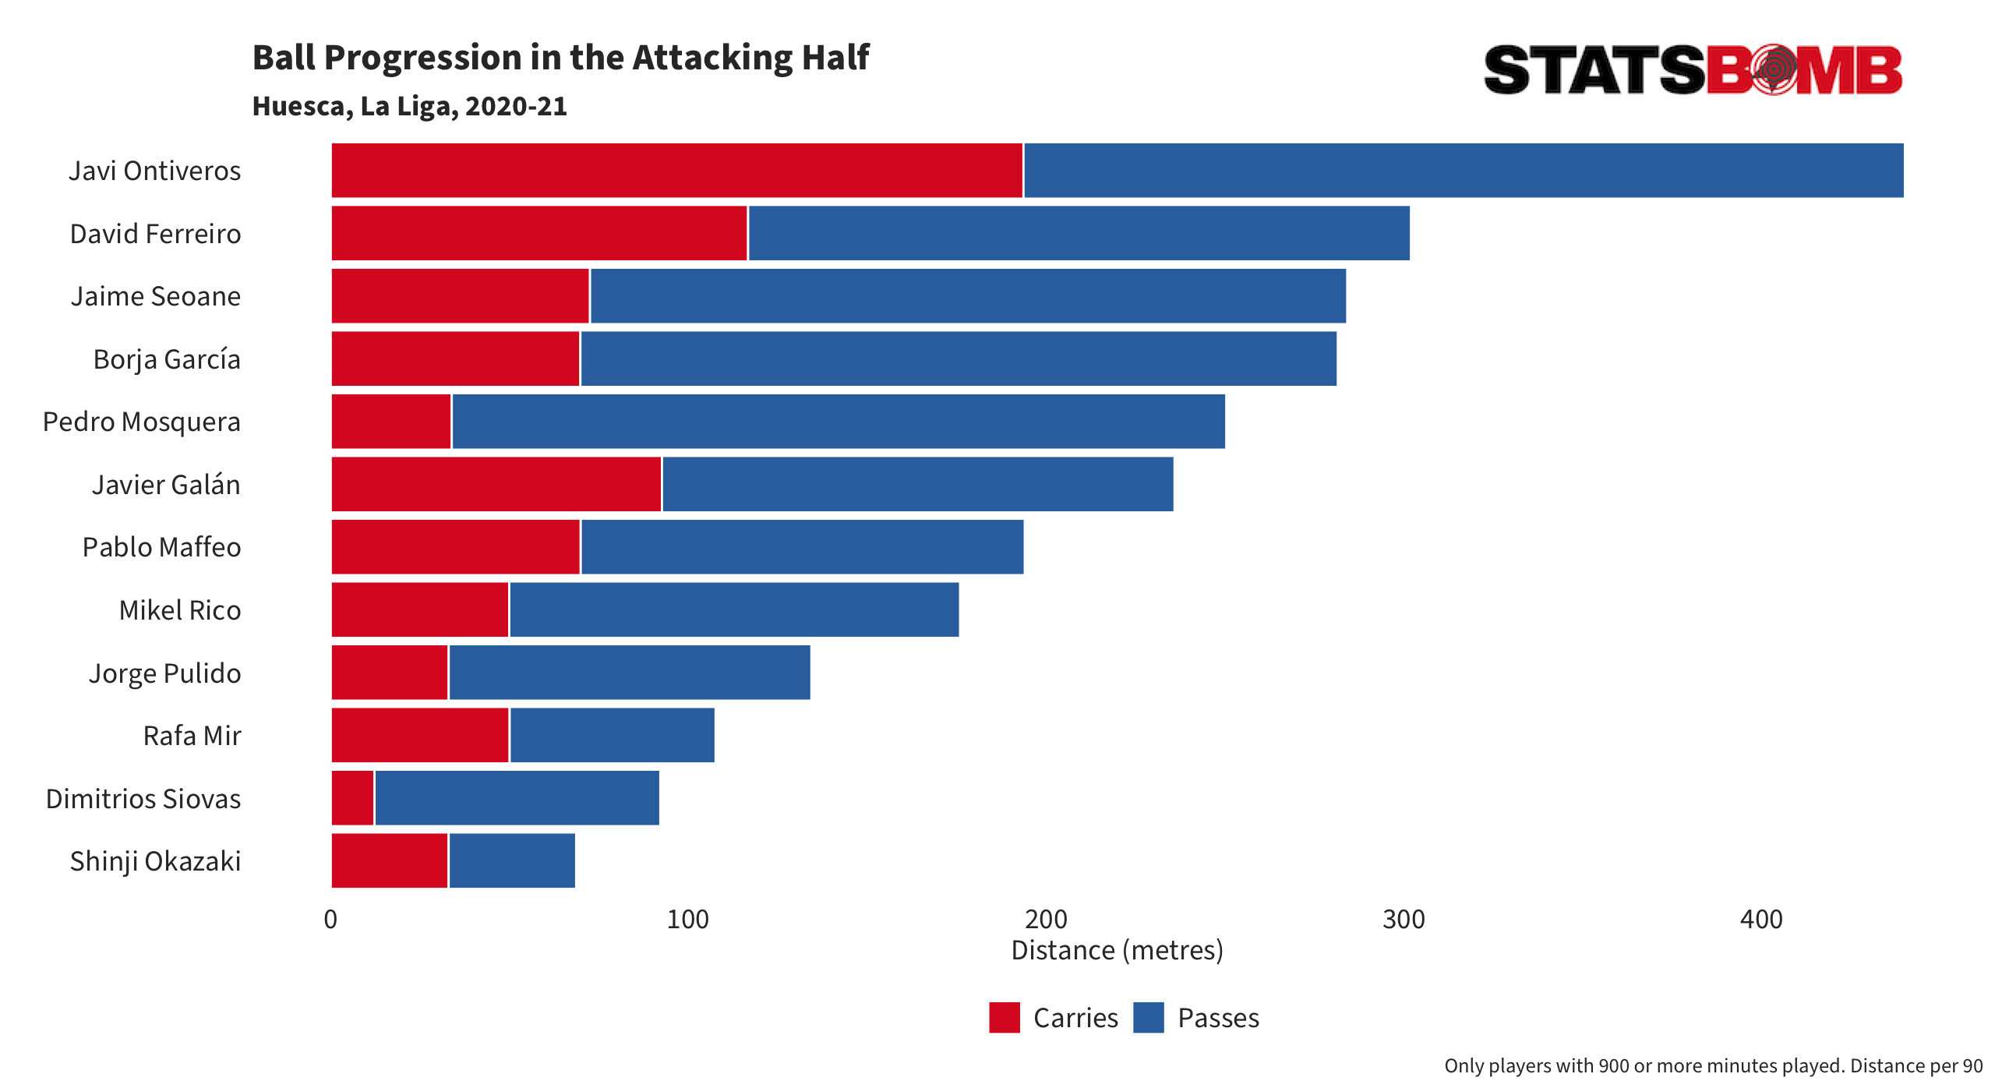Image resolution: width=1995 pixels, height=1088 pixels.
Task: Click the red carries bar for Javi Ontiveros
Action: [676, 170]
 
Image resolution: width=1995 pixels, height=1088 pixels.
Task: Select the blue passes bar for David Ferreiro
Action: [1079, 233]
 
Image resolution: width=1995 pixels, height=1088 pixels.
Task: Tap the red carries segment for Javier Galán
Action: [496, 484]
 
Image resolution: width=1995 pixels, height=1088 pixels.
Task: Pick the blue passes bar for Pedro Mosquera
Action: [839, 422]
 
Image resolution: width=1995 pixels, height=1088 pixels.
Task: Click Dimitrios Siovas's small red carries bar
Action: [353, 798]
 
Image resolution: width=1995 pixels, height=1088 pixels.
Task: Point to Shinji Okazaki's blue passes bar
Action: [512, 860]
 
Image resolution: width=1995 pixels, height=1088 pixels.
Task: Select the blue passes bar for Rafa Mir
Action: [612, 735]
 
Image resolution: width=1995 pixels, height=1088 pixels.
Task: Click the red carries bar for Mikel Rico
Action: [420, 609]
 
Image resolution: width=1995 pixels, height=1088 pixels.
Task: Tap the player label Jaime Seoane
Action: [156, 296]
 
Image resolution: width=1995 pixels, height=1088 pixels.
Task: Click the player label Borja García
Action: [167, 359]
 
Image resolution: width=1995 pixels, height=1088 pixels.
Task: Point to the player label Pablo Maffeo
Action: [161, 547]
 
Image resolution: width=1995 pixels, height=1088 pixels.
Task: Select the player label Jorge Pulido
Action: [164, 673]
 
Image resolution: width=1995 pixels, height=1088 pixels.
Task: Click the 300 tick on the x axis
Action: [1404, 920]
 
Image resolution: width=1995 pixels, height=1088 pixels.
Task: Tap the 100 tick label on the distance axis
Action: [687, 920]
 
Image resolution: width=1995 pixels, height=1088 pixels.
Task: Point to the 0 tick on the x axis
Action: [330, 920]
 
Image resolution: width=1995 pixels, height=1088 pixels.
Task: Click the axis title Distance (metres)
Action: [1117, 950]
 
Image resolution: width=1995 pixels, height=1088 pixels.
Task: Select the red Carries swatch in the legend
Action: [1005, 1018]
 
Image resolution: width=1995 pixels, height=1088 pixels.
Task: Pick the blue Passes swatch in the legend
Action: [1149, 1018]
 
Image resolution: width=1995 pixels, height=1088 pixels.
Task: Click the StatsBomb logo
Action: [1693, 69]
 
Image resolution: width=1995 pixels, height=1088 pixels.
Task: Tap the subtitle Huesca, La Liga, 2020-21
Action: [410, 107]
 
